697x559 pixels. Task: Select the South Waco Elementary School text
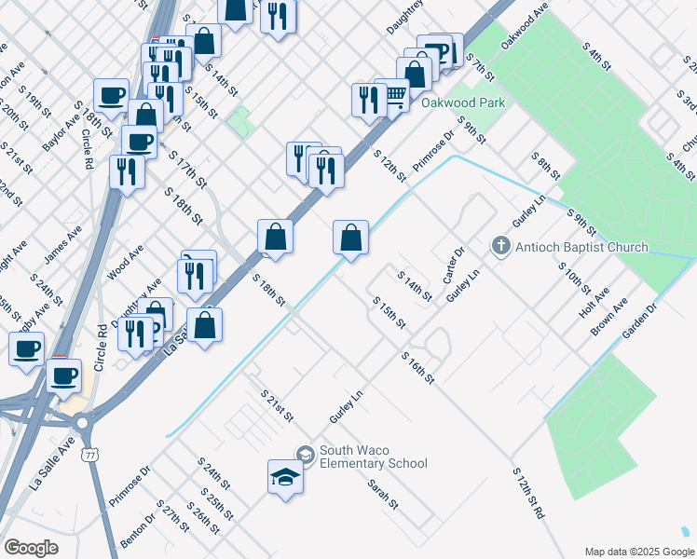(373, 457)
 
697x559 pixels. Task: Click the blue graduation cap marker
(286, 478)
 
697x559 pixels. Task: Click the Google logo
(32, 548)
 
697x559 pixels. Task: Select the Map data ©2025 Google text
(637, 552)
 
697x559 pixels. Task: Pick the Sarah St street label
(382, 494)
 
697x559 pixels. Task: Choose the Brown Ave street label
(609, 317)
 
